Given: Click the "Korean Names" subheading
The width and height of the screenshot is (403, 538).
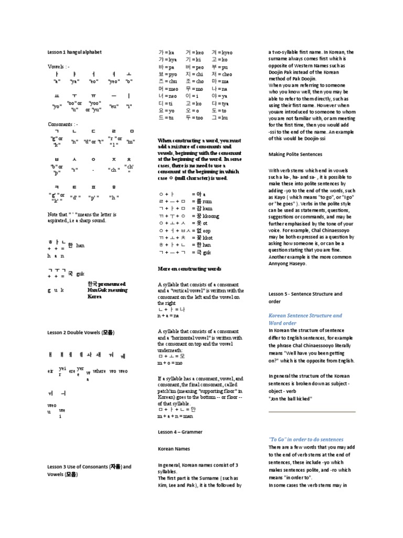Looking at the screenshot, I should [x=174, y=449].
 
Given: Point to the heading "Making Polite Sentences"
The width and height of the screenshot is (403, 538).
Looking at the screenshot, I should [x=295, y=154].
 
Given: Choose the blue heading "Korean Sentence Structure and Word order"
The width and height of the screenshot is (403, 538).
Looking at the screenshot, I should [x=305, y=319].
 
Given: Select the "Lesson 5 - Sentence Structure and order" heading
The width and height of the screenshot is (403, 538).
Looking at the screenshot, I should [x=305, y=297].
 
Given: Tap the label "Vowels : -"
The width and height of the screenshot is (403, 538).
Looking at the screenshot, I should [x=58, y=67].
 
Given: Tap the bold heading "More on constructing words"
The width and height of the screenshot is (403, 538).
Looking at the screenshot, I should [x=189, y=268].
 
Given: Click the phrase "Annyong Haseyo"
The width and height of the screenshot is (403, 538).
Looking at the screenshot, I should [x=288, y=263].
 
